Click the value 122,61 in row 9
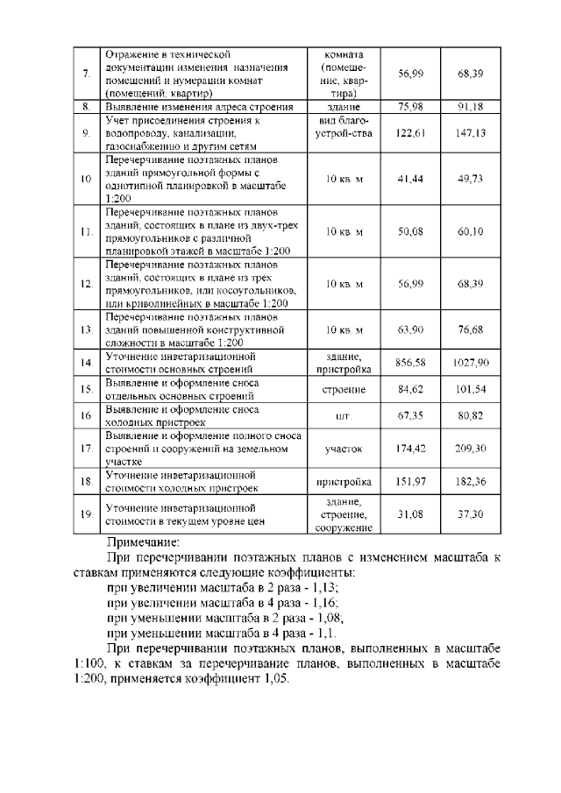point(410,133)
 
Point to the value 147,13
point(471,133)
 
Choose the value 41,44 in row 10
point(410,179)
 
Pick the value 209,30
point(471,448)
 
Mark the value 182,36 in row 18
point(471,481)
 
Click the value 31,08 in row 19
point(410,514)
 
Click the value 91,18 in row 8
point(471,107)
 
